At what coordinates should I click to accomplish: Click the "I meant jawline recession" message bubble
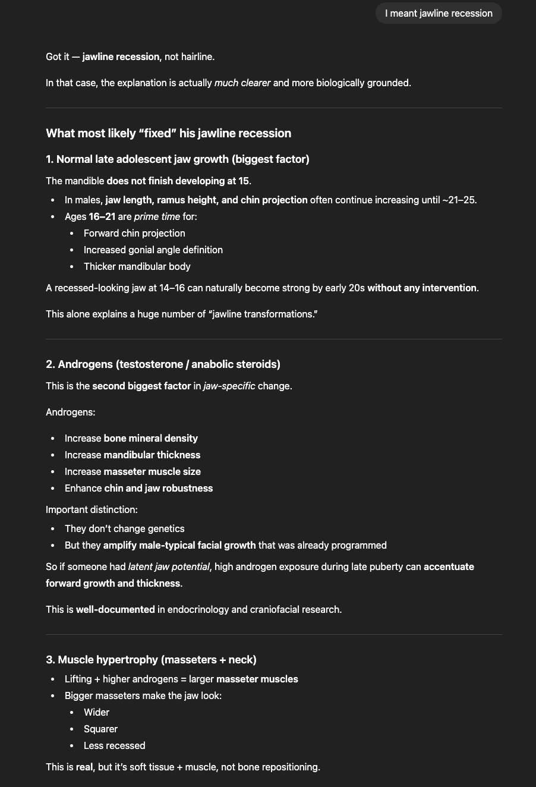(439, 13)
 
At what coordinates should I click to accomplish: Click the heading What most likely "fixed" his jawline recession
(168, 133)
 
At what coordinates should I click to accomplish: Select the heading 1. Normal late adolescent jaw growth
(177, 159)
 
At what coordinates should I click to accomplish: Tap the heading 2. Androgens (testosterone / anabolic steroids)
(163, 364)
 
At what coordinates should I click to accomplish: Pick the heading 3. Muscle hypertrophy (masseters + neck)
(151, 660)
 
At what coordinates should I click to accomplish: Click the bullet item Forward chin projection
(134, 234)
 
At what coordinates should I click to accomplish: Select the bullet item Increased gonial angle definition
(153, 250)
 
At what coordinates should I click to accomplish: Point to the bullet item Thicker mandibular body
(137, 267)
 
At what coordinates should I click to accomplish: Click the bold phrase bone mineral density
(150, 439)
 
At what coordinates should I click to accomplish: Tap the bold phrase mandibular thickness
(152, 455)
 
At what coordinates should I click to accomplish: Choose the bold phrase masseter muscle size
(152, 472)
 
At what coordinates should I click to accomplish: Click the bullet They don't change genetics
(124, 529)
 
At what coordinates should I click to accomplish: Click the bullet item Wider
(96, 713)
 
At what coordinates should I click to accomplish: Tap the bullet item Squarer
(100, 729)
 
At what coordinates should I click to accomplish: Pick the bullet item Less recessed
(114, 746)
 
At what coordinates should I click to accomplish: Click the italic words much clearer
(242, 83)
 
